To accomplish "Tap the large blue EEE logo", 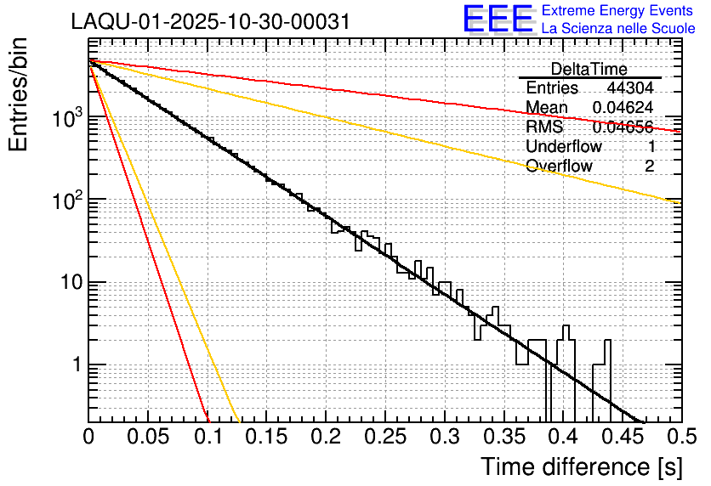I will click(498, 20).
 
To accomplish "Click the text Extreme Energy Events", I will click(617, 11).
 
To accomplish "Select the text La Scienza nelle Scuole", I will click(618, 29).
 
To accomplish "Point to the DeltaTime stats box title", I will click(589, 69).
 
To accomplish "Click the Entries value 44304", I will click(630, 88).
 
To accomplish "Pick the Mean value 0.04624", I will click(623, 108).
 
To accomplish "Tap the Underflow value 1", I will click(650, 147).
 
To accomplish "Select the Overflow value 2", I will click(649, 167).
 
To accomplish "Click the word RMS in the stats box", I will click(544, 127).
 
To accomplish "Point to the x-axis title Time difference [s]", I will click(581, 466).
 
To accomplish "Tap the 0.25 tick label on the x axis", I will click(384, 438).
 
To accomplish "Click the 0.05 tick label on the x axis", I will click(147, 438).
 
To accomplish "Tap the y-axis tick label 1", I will click(74, 365).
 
